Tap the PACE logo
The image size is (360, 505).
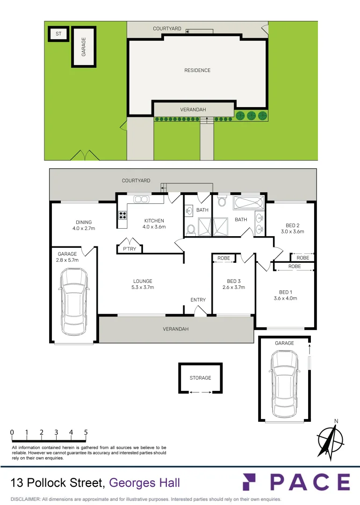(x=296, y=482)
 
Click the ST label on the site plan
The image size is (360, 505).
(x=58, y=34)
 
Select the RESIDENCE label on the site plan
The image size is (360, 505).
(x=197, y=70)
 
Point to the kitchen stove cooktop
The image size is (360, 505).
(x=122, y=215)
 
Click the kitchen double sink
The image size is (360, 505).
(x=141, y=199)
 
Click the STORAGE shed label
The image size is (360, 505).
(x=200, y=378)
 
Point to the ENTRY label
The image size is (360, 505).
(x=198, y=300)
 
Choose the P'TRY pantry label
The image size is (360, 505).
(x=130, y=249)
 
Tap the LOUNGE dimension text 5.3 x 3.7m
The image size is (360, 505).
(x=143, y=288)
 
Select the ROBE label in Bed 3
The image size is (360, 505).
(x=224, y=258)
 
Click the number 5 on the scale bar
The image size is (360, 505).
(x=86, y=433)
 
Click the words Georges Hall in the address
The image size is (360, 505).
(x=144, y=483)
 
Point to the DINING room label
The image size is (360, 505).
(x=84, y=222)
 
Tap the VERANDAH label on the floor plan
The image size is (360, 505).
(x=176, y=329)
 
